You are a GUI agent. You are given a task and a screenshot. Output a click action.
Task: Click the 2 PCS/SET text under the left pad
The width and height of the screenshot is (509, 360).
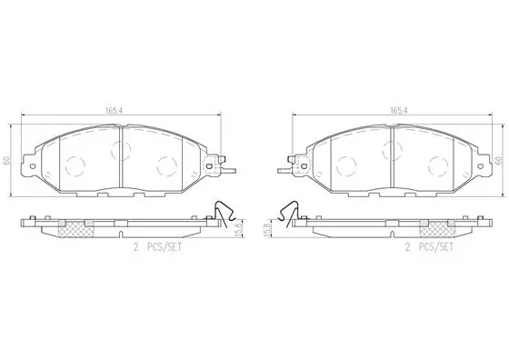156,246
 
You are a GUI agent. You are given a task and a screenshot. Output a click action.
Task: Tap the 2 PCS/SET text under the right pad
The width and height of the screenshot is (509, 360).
428,246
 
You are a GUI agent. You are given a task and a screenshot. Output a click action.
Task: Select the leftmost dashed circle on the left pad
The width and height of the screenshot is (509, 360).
75,165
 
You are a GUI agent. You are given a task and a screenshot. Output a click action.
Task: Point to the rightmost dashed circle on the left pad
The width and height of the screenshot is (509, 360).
166,165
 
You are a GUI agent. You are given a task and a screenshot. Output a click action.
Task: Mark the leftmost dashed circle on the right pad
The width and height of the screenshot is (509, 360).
344,165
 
